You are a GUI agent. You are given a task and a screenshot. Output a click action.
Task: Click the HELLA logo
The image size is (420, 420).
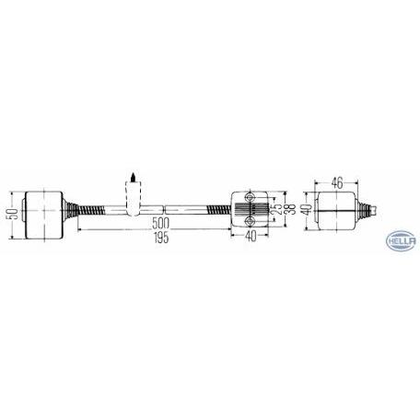click(402, 240)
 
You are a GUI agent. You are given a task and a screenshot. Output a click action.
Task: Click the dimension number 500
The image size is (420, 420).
click(160, 223)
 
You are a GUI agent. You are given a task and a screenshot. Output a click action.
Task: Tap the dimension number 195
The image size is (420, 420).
click(161, 238)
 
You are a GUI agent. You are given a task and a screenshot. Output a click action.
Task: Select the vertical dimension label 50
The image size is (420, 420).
click(13, 214)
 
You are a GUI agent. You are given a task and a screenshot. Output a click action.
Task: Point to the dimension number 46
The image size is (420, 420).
click(336, 183)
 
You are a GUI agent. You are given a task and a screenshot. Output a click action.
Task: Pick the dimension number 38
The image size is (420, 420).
click(292, 209)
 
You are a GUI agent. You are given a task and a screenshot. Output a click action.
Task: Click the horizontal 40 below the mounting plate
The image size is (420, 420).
click(251, 236)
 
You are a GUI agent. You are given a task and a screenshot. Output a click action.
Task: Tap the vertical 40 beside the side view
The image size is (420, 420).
click(308, 209)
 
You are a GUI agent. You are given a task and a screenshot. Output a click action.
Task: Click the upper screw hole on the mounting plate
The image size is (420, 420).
click(250, 196)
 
